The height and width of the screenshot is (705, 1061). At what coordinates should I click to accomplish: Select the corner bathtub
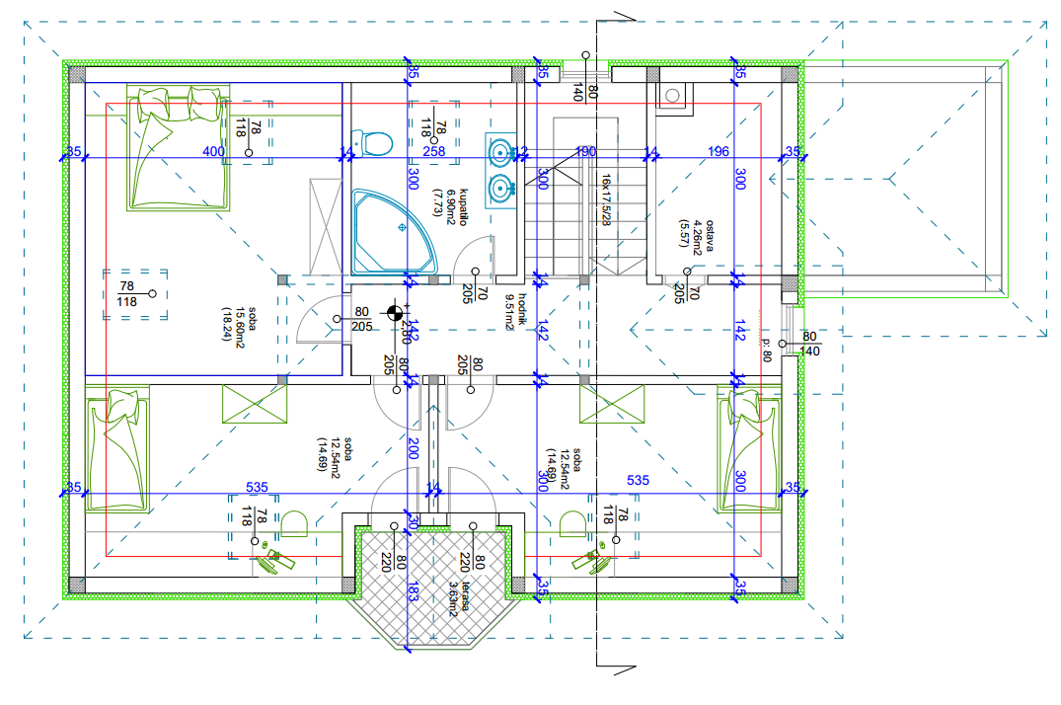tap(392, 231)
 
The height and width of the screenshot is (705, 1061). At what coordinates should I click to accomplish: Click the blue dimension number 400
tap(212, 151)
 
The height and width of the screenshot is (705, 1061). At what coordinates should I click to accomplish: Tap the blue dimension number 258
tap(434, 151)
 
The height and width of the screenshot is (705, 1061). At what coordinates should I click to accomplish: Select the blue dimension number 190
tap(586, 151)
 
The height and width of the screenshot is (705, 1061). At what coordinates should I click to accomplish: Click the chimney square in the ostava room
tap(672, 95)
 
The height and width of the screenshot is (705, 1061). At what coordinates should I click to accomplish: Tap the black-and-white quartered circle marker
tap(394, 315)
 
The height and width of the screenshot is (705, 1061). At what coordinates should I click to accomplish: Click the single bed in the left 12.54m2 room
tap(117, 449)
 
